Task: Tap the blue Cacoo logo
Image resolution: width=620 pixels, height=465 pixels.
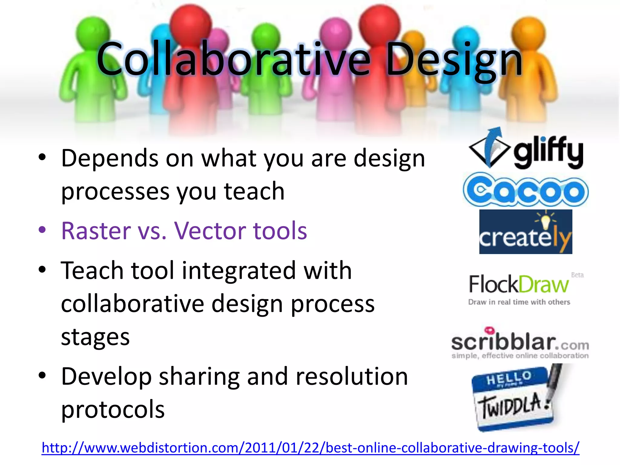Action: pyautogui.click(x=526, y=190)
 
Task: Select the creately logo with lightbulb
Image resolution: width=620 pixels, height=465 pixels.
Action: pyautogui.click(x=526, y=232)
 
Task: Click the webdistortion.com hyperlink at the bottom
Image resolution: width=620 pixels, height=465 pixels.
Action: pyautogui.click(x=310, y=448)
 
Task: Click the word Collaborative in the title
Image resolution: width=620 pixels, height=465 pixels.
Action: pyautogui.click(x=233, y=59)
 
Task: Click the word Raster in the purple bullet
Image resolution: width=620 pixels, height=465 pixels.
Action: pyautogui.click(x=96, y=231)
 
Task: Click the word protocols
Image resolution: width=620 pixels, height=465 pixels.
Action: pyautogui.click(x=113, y=409)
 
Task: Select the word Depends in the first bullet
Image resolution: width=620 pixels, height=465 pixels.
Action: pyautogui.click(x=110, y=158)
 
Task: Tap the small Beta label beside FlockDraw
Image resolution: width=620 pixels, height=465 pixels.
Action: pyautogui.click(x=577, y=275)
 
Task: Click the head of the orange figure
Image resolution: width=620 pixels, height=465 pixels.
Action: pyautogui.click(x=528, y=30)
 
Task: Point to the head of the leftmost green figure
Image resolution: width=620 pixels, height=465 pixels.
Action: pyautogui.click(x=92, y=32)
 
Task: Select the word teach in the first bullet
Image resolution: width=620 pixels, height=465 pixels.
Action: pyautogui.click(x=254, y=191)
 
